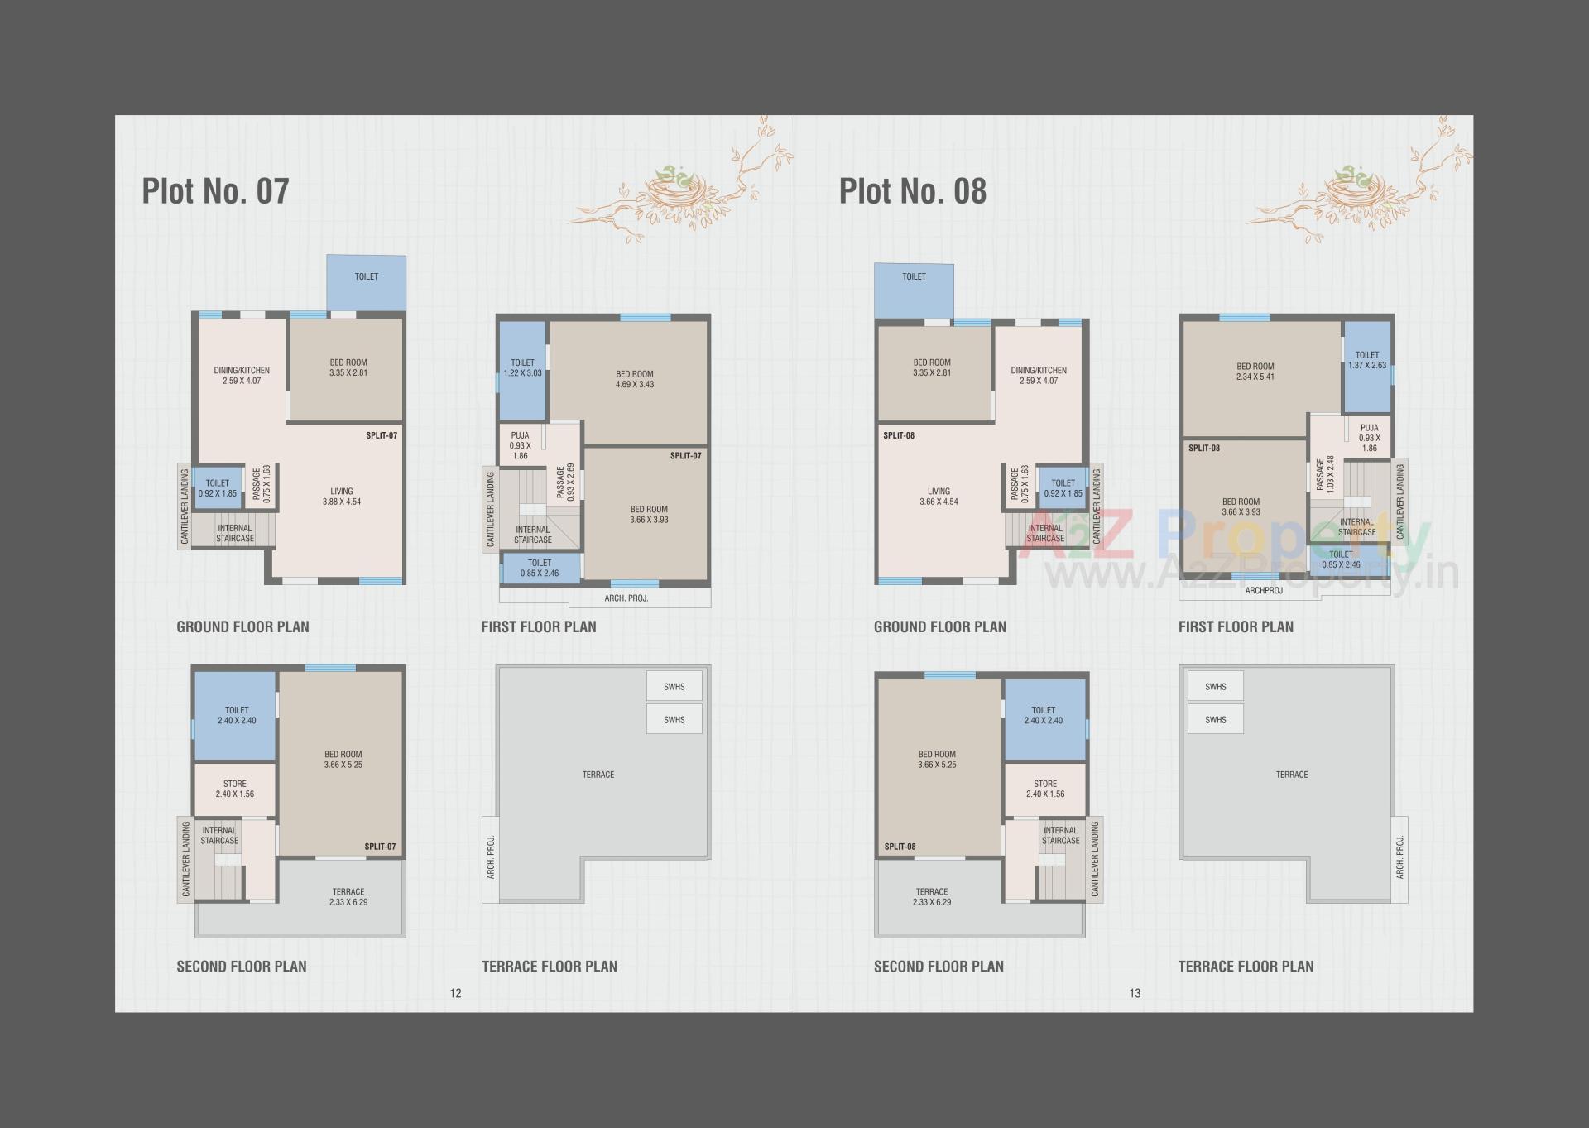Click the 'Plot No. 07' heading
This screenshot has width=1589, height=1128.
(x=215, y=191)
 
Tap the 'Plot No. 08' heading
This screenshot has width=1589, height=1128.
(x=913, y=191)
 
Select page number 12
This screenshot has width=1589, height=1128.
(x=455, y=993)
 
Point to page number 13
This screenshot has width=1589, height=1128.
(x=1135, y=993)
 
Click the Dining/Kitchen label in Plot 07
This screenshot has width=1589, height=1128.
(x=242, y=376)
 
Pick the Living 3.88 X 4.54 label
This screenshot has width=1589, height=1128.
(x=341, y=497)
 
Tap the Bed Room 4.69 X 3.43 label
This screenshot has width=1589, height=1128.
(x=635, y=379)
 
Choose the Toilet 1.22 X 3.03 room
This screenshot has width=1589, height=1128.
(x=522, y=368)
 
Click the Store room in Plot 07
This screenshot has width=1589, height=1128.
(x=235, y=789)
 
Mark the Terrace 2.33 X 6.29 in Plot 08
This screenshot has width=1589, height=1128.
(x=932, y=897)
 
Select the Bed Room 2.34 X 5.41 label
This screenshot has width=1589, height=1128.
(x=1255, y=372)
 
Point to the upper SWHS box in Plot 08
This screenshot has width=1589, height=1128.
(x=1215, y=687)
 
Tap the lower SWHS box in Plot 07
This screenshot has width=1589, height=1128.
(x=674, y=720)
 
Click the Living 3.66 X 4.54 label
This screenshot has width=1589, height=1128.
(x=939, y=497)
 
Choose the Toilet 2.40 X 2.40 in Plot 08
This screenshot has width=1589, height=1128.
(x=1043, y=715)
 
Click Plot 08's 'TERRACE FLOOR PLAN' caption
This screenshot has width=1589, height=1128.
(x=1246, y=967)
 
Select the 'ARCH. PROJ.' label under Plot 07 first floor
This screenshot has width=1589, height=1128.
(x=626, y=598)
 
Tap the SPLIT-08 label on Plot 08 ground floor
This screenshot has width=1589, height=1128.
(x=898, y=435)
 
